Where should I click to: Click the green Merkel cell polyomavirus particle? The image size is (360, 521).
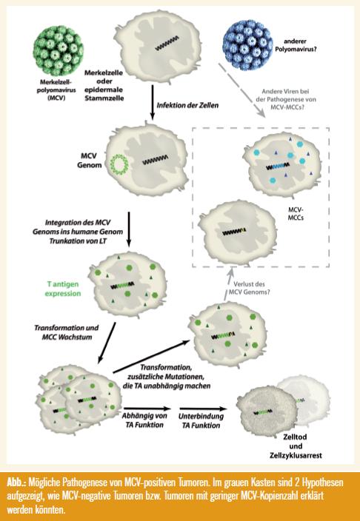point(59,50)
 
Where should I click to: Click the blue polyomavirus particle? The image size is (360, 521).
point(249,45)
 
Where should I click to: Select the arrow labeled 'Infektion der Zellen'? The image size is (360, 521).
point(153,102)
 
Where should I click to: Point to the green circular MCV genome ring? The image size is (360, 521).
point(119,164)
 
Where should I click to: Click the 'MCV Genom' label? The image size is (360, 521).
point(90,160)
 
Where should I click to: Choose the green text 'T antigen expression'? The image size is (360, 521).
point(63,289)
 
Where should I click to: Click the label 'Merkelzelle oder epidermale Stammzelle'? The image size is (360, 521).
point(104,85)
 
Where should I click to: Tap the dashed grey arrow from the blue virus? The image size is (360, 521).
point(242,90)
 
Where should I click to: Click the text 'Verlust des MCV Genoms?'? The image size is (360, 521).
point(249,288)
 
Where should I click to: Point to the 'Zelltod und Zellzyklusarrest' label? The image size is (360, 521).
point(296,446)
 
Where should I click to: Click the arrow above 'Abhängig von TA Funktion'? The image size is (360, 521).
point(147,409)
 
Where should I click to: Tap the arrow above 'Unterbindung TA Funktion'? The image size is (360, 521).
point(203,409)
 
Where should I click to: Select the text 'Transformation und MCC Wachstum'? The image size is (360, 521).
point(67,332)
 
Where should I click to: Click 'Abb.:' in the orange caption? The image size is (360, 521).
point(16,482)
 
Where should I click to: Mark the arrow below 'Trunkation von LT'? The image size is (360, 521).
point(129,229)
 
